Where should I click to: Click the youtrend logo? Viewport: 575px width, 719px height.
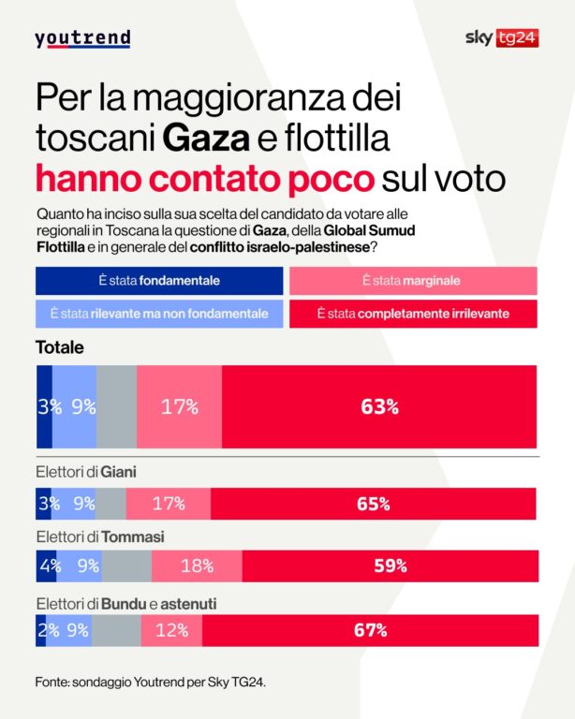[82, 38]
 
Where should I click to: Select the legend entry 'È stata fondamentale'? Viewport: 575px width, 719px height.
[159, 281]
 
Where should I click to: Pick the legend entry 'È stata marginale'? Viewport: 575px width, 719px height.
[412, 281]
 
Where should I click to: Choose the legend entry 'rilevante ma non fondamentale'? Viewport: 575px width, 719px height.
[159, 313]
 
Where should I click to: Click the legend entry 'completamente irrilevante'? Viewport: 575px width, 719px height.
[412, 313]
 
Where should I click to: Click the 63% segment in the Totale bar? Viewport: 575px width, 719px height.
[379, 406]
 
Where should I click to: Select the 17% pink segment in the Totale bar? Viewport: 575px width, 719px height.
[179, 406]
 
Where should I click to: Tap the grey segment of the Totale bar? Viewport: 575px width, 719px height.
[116, 406]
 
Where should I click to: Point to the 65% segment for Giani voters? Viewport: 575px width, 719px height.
[373, 504]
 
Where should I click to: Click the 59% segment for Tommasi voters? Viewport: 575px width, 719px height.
[390, 566]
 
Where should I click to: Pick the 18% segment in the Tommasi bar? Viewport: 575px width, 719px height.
[197, 566]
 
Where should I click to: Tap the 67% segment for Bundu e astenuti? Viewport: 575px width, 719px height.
[370, 630]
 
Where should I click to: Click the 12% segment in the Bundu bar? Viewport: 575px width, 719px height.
[171, 630]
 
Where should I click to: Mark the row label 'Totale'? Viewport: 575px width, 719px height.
[60, 347]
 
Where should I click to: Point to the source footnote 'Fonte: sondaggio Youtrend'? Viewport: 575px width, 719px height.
[150, 682]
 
